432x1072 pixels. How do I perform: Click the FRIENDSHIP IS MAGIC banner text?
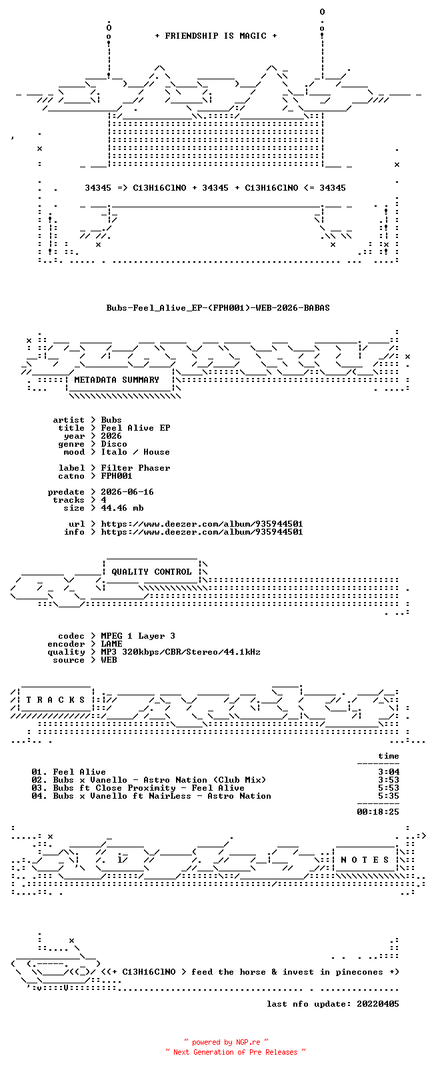pyautogui.click(x=216, y=36)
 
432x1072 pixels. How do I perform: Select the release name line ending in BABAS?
pyautogui.click(x=218, y=308)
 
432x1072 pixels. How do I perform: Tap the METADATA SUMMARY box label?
pyautogui.click(x=116, y=379)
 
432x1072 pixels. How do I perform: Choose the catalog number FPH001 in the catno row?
pyautogui.click(x=116, y=476)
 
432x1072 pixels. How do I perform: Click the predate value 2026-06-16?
pyautogui.click(x=127, y=492)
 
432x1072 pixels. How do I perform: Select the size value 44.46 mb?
pyautogui.click(x=122, y=508)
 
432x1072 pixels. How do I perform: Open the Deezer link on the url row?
pyautogui.click(x=202, y=524)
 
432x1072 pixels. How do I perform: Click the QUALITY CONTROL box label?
pyautogui.click(x=151, y=572)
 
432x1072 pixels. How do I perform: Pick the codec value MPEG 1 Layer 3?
pyautogui.click(x=138, y=636)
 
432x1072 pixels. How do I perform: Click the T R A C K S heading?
pyautogui.click(x=55, y=700)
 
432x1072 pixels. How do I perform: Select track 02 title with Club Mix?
pyautogui.click(x=159, y=780)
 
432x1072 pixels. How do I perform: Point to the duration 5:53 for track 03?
pyautogui.click(x=389, y=788)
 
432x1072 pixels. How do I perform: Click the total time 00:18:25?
pyautogui.click(x=378, y=812)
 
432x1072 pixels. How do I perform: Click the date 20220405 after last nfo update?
pyautogui.click(x=378, y=1004)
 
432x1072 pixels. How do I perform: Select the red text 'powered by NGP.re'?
pyautogui.click(x=226, y=1042)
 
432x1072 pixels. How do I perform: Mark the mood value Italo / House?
pyautogui.click(x=135, y=452)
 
